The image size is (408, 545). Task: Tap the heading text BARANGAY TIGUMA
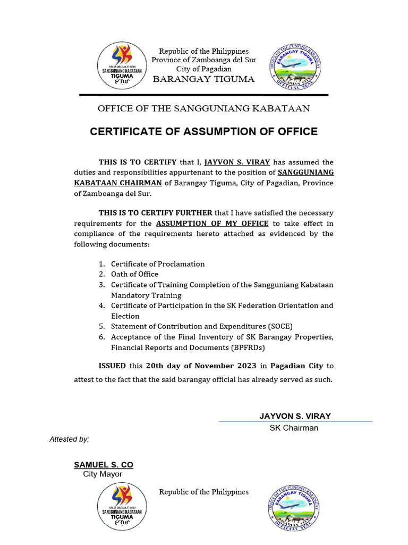coord(203,79)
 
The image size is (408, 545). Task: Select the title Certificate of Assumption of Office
coord(203,131)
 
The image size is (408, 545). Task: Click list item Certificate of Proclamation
coord(157,264)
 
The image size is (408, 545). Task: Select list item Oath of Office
coord(134,274)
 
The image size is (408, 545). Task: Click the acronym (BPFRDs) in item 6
coord(246,348)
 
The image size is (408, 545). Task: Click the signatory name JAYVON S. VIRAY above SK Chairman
coord(295,416)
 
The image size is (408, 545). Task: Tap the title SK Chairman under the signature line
coord(294,428)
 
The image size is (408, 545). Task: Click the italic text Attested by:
coord(69,439)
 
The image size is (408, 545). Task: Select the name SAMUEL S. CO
coord(103,465)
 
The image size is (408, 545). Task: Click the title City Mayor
coord(103,474)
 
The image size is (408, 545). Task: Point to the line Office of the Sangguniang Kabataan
coord(203,109)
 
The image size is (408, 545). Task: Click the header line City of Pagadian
coord(203,69)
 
